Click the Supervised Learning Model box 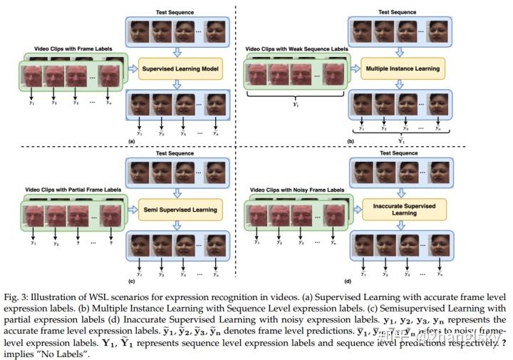(x=181, y=69)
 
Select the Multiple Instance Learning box (x=402, y=69)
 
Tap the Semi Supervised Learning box (x=181, y=209)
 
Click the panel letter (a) (x=130, y=142)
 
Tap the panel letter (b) (x=350, y=142)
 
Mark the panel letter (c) (x=130, y=281)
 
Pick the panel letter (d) (x=347, y=281)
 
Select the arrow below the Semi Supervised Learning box (x=181, y=225)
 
